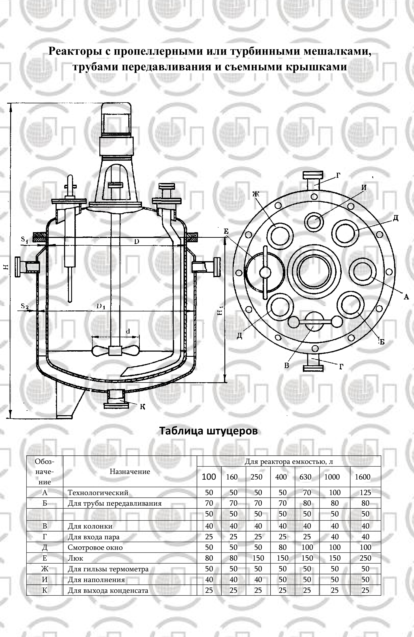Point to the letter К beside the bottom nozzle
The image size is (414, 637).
[143, 407]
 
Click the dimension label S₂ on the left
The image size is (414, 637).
[25, 306]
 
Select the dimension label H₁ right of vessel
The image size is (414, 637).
[220, 311]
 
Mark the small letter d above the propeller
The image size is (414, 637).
[128, 331]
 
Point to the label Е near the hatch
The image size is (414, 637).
[226, 231]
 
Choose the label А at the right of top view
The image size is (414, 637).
[406, 296]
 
